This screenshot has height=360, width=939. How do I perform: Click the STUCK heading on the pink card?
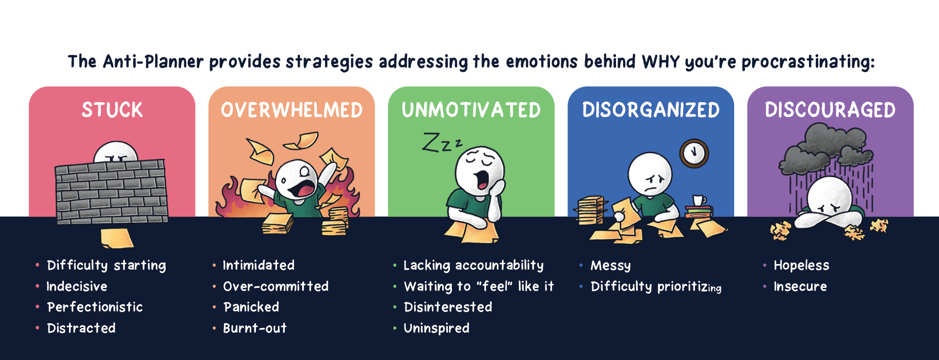tap(112, 110)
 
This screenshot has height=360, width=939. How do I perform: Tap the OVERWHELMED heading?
tap(292, 110)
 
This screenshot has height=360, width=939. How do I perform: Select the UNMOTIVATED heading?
tap(471, 110)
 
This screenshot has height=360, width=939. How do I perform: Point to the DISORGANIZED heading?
tap(651, 110)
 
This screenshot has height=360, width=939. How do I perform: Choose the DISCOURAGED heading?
tap(830, 110)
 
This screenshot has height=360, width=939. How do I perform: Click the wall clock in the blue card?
tap(694, 153)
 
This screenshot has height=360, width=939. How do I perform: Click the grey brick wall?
tap(111, 191)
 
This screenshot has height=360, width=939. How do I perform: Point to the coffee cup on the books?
tap(699, 201)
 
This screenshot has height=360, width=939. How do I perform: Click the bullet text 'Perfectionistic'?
tap(95, 307)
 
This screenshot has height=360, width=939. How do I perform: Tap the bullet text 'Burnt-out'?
tap(254, 328)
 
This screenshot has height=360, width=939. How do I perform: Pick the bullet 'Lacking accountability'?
tap(473, 266)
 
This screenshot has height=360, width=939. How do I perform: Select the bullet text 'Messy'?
tap(610, 266)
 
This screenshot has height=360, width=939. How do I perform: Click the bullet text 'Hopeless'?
tap(801, 265)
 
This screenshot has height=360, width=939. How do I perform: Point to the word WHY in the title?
tap(661, 62)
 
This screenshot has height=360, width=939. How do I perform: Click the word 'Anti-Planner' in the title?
tap(153, 62)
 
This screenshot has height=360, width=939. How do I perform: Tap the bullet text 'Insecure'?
tap(800, 286)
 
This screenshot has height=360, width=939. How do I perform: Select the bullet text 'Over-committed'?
tap(276, 286)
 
